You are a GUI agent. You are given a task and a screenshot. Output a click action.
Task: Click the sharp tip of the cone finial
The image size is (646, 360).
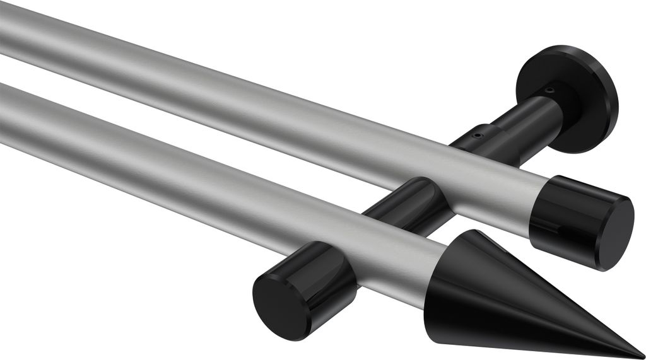[x=642, y=356]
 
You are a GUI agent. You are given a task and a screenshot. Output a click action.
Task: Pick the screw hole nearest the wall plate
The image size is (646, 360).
[x=551, y=90]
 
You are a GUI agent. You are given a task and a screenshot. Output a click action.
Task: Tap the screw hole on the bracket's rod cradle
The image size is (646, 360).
[x=478, y=134]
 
